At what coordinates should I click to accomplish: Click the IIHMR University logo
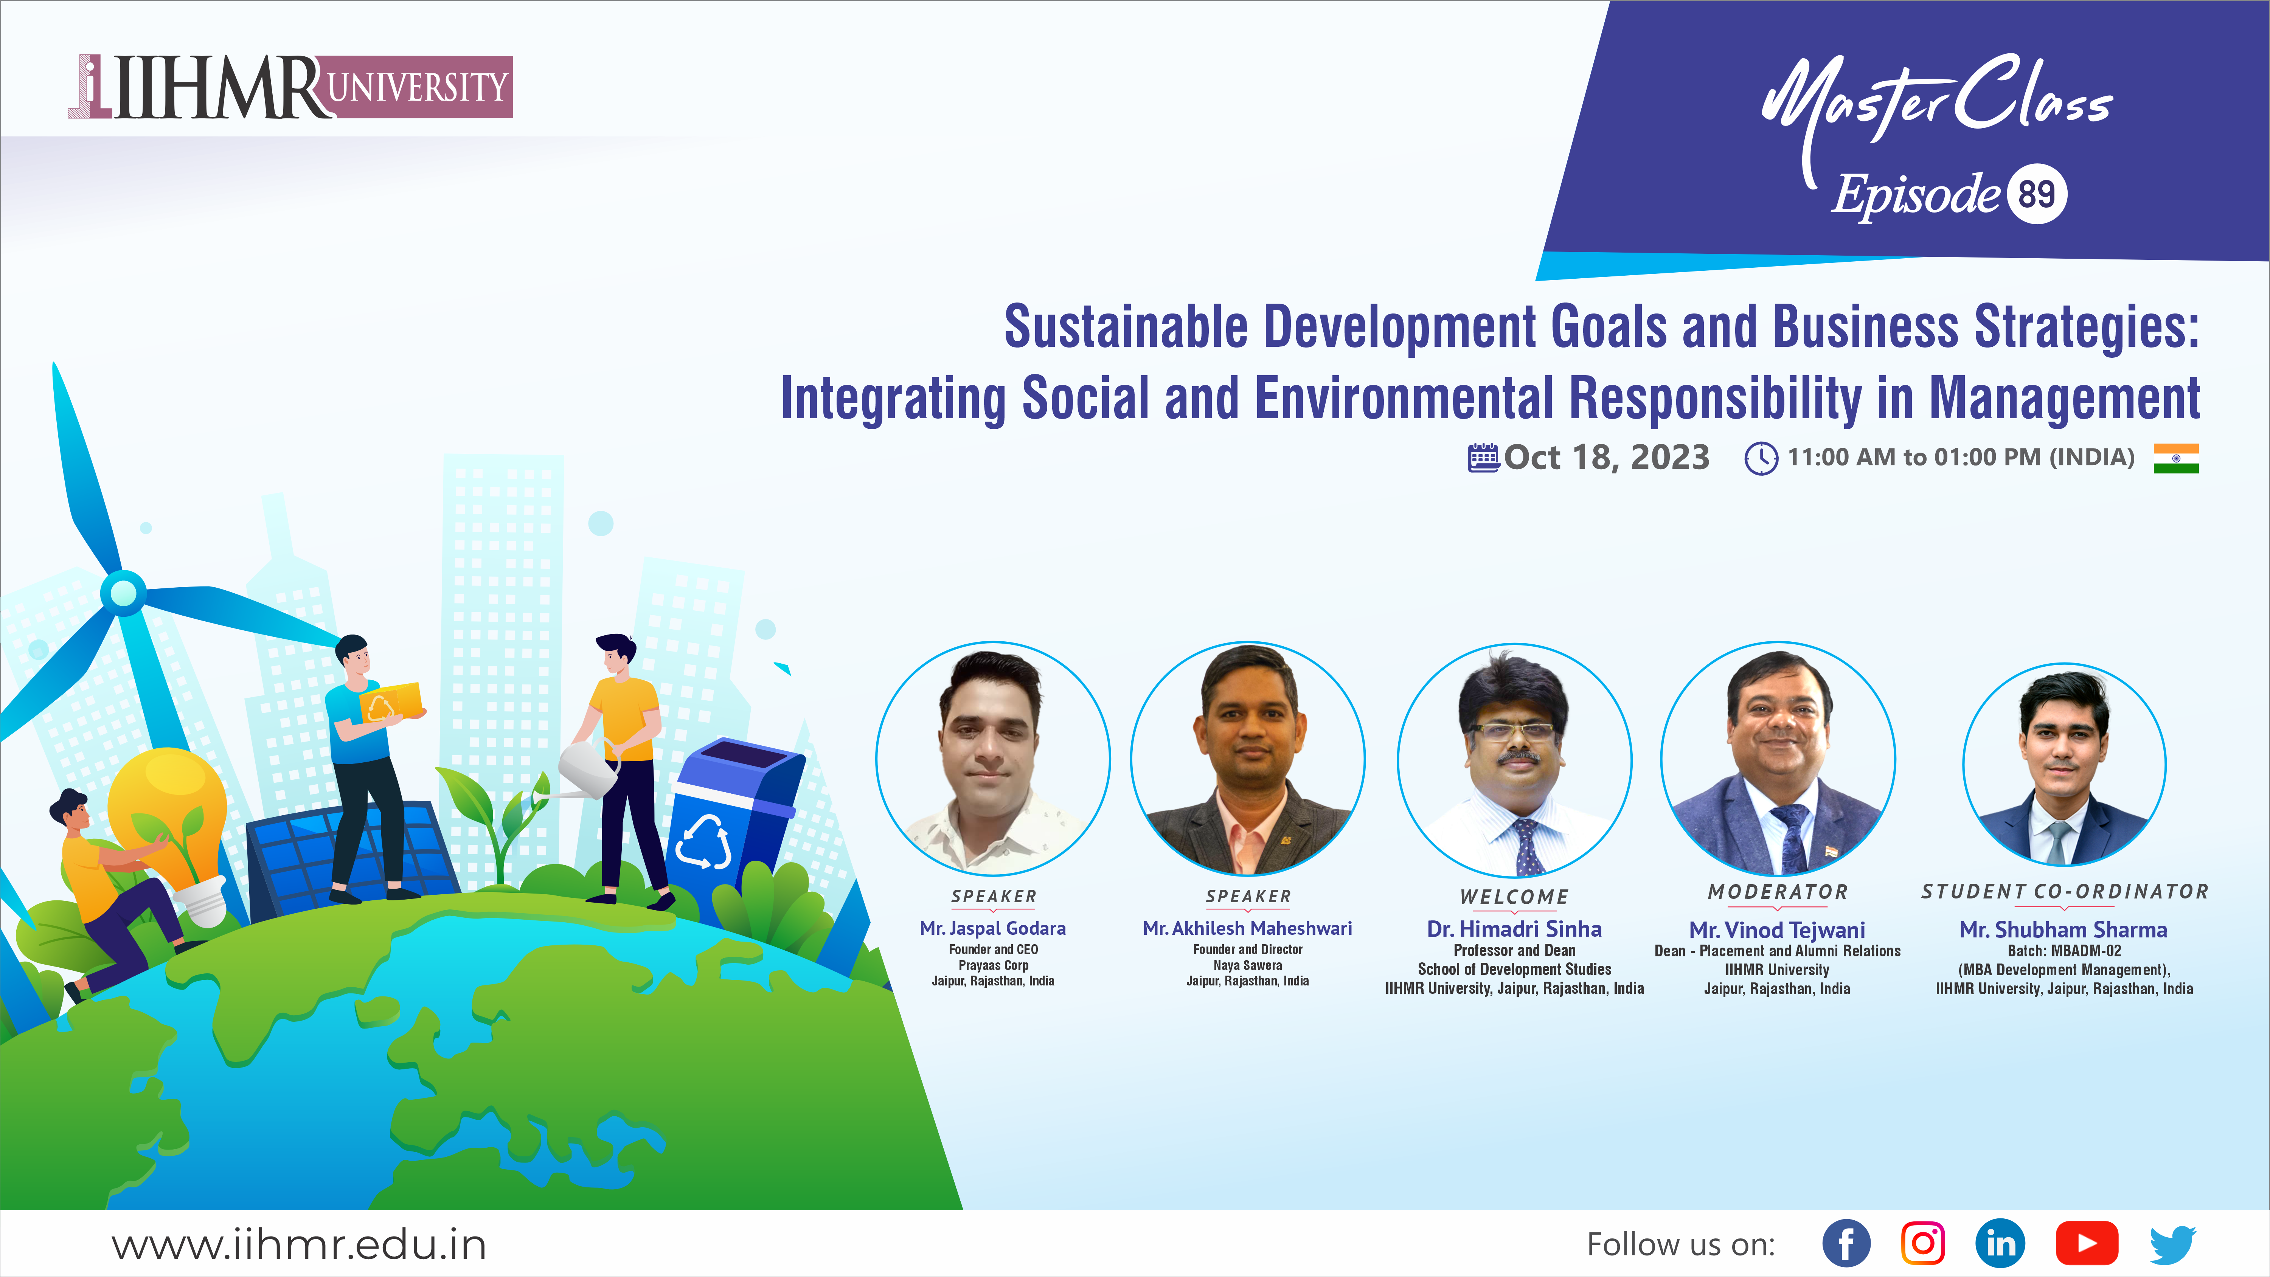(x=290, y=86)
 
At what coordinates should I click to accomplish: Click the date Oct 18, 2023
(x=1607, y=458)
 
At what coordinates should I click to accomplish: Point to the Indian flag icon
(x=2176, y=458)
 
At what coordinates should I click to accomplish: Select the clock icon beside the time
(x=1761, y=458)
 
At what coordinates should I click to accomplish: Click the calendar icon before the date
(x=1484, y=458)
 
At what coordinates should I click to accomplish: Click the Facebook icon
(x=1846, y=1243)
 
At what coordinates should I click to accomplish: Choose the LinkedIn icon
(x=2000, y=1243)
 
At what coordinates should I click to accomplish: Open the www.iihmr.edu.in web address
(x=299, y=1244)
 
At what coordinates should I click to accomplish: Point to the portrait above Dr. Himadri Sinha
(x=1514, y=760)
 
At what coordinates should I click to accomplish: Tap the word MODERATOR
(x=1778, y=892)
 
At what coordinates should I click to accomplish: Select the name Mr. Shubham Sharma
(x=2063, y=930)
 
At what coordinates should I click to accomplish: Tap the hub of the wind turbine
(x=123, y=592)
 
